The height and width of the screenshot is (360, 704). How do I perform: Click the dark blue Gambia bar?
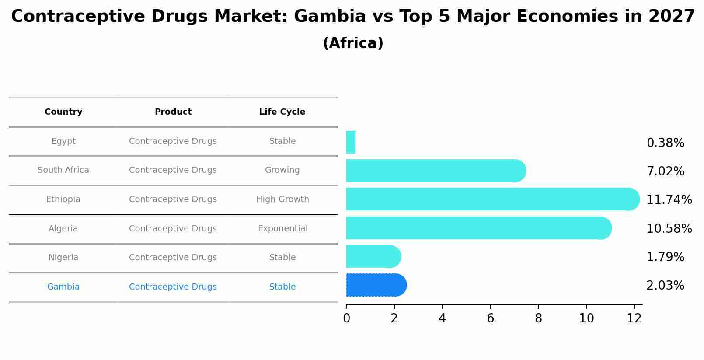(x=376, y=285)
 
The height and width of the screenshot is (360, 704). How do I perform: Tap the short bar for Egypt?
(x=351, y=142)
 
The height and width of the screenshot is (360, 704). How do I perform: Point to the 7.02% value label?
(x=665, y=171)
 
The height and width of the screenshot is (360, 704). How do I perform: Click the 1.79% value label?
(x=665, y=257)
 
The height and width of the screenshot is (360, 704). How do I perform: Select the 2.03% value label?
(x=665, y=286)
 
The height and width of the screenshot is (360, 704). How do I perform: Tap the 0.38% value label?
(x=665, y=143)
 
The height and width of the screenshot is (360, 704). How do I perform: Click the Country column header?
(x=63, y=112)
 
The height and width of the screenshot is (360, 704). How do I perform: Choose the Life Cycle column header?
(x=282, y=112)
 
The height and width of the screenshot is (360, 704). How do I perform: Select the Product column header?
(x=173, y=112)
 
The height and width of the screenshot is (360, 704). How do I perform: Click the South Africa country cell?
(x=63, y=170)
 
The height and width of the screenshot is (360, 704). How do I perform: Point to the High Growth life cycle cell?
(x=282, y=199)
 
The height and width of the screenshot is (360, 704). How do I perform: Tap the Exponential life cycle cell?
(x=282, y=229)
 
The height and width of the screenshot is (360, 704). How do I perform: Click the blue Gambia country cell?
(x=63, y=287)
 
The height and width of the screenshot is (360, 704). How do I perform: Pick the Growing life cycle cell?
(x=282, y=170)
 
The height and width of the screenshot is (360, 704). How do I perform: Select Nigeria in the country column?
(x=63, y=258)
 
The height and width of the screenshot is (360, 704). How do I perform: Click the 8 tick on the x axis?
(x=538, y=318)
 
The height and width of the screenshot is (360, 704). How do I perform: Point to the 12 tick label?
(x=634, y=318)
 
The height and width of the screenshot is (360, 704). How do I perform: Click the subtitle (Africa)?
(x=353, y=43)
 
